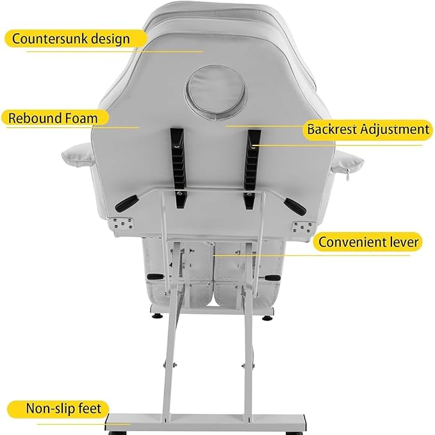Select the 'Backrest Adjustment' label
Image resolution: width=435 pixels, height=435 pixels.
pyautogui.click(x=368, y=130)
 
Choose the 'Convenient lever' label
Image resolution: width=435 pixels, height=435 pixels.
pyautogui.click(x=368, y=242)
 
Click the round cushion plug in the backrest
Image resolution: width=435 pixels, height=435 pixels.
pyautogui.click(x=216, y=93)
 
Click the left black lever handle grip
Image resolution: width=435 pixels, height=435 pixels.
pyautogui.click(x=127, y=203)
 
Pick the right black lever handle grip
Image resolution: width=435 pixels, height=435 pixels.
pyautogui.click(x=296, y=207)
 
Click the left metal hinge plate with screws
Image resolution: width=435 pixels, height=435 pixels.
pyautogui.click(x=122, y=224)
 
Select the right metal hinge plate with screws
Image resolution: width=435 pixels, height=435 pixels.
pyautogui.click(x=303, y=227)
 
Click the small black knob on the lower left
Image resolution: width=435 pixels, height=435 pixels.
pyautogui.click(x=155, y=277)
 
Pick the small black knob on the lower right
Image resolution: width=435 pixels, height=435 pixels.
pyautogui.click(x=272, y=277)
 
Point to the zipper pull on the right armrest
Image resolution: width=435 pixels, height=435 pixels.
pyautogui.click(x=347, y=176)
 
